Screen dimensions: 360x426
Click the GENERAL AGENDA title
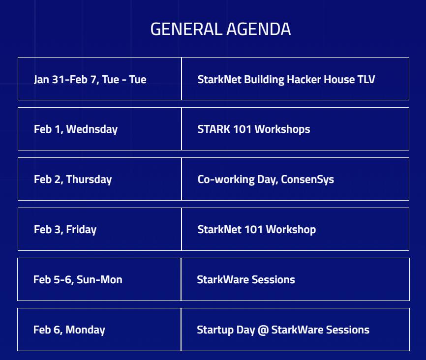(x=220, y=29)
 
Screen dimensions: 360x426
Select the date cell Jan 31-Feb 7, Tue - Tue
(x=90, y=79)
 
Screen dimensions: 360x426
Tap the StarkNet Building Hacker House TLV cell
(x=286, y=79)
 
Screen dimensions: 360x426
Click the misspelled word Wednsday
(x=91, y=129)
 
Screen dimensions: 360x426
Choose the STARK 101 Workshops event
(x=253, y=129)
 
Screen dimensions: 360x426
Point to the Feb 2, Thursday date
(x=73, y=180)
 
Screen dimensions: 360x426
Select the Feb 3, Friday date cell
(x=65, y=230)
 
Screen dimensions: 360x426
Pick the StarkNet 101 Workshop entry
(x=256, y=230)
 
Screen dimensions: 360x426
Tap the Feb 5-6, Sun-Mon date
(x=78, y=280)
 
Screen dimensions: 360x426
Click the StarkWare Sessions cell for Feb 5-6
(x=245, y=280)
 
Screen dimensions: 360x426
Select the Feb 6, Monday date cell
(x=69, y=330)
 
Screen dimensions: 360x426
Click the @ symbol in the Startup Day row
(x=263, y=330)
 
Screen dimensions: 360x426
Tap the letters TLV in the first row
(x=366, y=79)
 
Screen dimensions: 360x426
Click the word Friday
(x=81, y=230)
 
